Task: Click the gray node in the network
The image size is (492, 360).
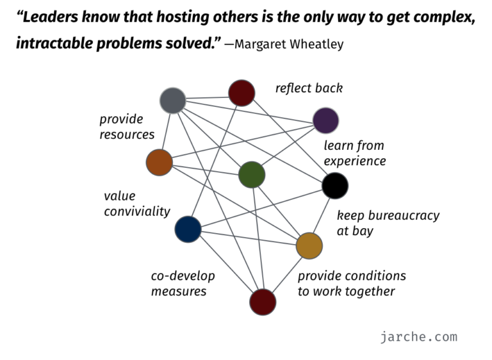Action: pos(172,101)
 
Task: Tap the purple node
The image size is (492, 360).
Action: pos(325,120)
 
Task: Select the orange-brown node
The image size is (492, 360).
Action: pos(159,162)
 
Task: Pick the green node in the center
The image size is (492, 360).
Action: pos(252,175)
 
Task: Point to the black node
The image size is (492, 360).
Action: pos(334,186)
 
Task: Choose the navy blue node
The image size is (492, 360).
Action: pos(188,229)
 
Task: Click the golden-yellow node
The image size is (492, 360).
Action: pos(309,245)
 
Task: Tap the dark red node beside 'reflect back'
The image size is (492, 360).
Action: pos(242,93)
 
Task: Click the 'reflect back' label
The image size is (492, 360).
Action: pos(309,88)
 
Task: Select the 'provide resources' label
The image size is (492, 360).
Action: pos(127,127)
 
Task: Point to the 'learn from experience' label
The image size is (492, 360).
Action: pos(355,153)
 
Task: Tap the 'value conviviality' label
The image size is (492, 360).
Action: pos(137,204)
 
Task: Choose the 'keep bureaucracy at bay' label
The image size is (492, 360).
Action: pos(388,223)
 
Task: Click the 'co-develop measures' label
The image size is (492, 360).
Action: pos(183,284)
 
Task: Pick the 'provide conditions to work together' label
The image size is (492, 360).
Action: pos(352,284)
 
